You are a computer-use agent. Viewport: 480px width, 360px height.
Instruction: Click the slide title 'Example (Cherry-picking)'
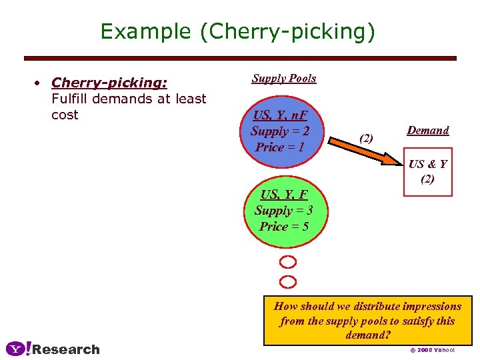click(x=237, y=31)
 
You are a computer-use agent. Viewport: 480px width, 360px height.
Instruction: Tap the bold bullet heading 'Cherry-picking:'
click(x=109, y=83)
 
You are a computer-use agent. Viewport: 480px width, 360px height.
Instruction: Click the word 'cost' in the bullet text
click(x=65, y=115)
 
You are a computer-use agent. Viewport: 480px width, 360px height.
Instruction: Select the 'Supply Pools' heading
click(x=284, y=78)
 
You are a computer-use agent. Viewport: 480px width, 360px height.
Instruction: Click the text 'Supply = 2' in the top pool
click(x=280, y=131)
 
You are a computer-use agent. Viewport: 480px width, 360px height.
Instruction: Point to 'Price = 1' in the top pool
click(x=280, y=147)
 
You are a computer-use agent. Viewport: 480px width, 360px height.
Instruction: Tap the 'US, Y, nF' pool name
click(x=280, y=115)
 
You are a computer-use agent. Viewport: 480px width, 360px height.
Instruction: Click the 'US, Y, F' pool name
click(x=284, y=195)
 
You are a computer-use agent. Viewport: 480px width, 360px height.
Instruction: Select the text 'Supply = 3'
click(x=284, y=211)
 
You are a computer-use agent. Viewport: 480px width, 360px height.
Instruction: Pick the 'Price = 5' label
click(x=284, y=227)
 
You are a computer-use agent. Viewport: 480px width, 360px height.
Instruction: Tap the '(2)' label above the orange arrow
click(x=367, y=139)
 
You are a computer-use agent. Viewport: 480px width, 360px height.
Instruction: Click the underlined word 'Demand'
click(x=428, y=131)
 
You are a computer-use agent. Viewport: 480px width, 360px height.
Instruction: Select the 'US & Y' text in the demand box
click(x=427, y=164)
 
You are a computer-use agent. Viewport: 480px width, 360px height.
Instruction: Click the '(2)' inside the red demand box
click(x=427, y=179)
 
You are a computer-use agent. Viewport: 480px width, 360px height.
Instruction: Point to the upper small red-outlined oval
click(x=288, y=261)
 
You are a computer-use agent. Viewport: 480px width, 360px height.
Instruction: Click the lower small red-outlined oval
click(x=288, y=281)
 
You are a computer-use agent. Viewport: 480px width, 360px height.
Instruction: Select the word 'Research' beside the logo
click(x=66, y=349)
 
